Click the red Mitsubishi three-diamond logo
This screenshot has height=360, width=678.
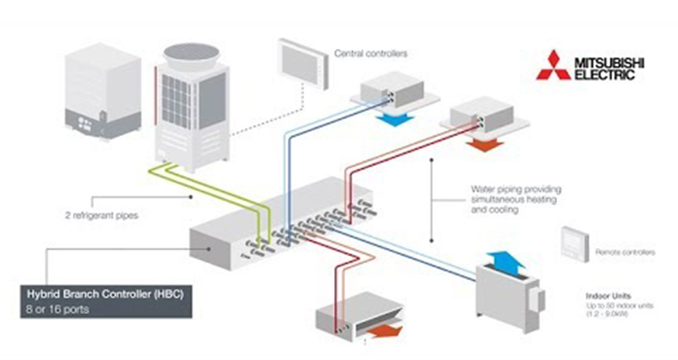tap(553, 65)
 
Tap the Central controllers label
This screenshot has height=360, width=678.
tap(371, 53)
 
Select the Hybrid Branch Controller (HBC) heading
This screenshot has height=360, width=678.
tap(104, 293)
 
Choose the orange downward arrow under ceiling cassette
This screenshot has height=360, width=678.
tap(484, 145)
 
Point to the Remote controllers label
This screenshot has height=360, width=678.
tap(625, 252)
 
